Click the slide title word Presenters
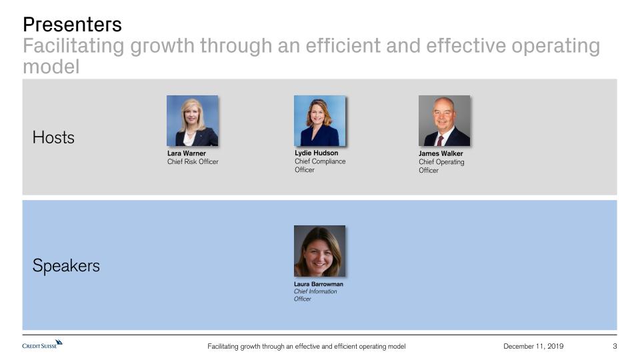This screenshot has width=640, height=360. click(x=72, y=25)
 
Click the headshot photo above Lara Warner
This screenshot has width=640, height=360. click(x=192, y=121)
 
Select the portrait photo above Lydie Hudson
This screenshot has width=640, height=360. click(x=319, y=121)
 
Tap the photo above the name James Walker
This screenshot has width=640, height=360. click(x=444, y=121)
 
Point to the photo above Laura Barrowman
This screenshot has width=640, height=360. click(x=319, y=251)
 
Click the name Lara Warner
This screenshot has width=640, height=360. click(x=187, y=153)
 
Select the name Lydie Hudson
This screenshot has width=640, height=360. click(x=316, y=153)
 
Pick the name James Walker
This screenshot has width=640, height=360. click(x=441, y=153)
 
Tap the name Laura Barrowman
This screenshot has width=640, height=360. click(x=319, y=284)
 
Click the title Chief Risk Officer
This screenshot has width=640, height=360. click(x=193, y=161)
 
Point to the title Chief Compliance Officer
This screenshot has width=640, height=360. click(x=320, y=165)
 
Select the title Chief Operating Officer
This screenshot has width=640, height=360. click(x=441, y=166)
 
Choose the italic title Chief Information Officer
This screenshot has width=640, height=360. click(x=315, y=295)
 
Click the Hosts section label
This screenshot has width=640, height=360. click(x=53, y=137)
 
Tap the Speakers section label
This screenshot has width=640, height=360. click(x=66, y=266)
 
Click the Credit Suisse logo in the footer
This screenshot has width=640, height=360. click(x=43, y=345)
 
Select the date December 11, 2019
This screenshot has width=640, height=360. click(x=533, y=346)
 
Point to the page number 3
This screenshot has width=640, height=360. click(x=615, y=346)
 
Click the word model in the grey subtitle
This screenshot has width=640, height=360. click(x=51, y=67)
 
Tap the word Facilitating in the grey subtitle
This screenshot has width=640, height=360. click(x=73, y=46)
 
